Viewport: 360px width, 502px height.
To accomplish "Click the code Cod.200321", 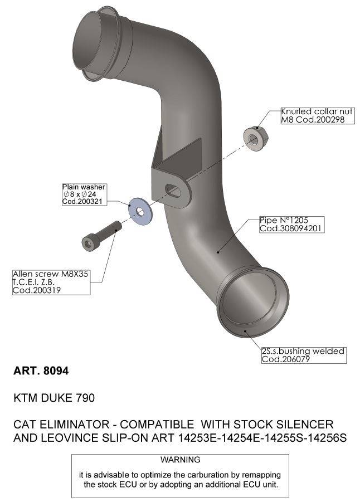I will tap(84, 201).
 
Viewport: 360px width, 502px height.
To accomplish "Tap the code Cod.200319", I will tap(37, 290).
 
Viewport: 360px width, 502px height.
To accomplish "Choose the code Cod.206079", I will tap(285, 360).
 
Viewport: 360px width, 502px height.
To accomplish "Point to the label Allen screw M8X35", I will tap(50, 274).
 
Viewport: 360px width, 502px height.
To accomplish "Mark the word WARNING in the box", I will tap(179, 460).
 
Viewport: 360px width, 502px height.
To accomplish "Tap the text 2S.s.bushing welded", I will tap(303, 352).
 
